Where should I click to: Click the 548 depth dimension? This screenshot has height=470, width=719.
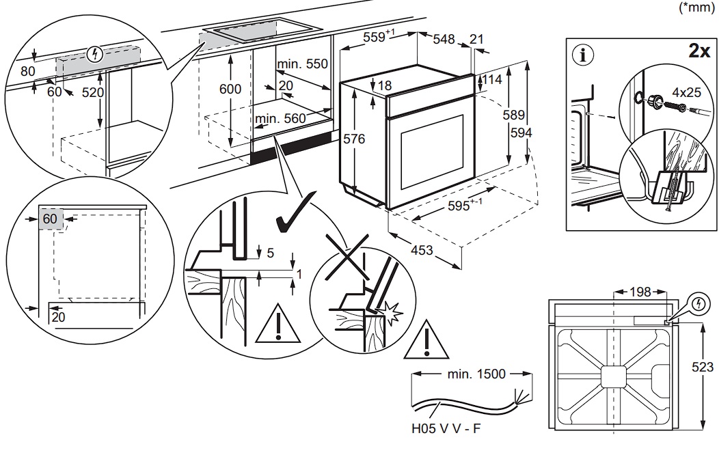click(x=444, y=40)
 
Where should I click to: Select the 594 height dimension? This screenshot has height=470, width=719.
click(x=540, y=133)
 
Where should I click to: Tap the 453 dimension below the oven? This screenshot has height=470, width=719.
click(x=422, y=251)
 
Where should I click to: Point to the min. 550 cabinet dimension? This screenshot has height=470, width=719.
click(x=303, y=64)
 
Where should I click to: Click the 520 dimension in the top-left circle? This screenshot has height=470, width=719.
click(x=93, y=93)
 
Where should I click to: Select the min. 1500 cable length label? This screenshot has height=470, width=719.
click(x=476, y=374)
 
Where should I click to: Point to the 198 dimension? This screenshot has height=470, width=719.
click(x=641, y=292)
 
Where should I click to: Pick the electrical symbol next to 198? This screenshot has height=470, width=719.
click(x=698, y=302)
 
